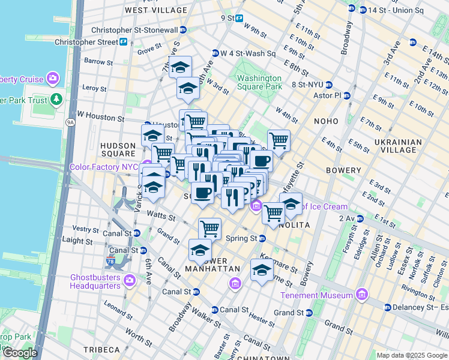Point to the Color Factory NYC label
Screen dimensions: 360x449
pyautogui.click(x=104, y=167)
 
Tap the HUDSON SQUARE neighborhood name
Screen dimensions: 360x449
pyautogui.click(x=118, y=149)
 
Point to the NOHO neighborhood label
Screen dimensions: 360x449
pyautogui.click(x=326, y=121)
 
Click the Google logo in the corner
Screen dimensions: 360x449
pyautogui.click(x=19, y=353)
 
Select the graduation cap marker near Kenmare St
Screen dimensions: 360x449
pyautogui.click(x=261, y=270)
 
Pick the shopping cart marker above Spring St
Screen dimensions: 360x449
pyautogui.click(x=209, y=229)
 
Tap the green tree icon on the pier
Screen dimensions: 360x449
pyautogui.click(x=56, y=98)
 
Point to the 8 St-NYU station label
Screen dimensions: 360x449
pyautogui.click(x=311, y=85)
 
